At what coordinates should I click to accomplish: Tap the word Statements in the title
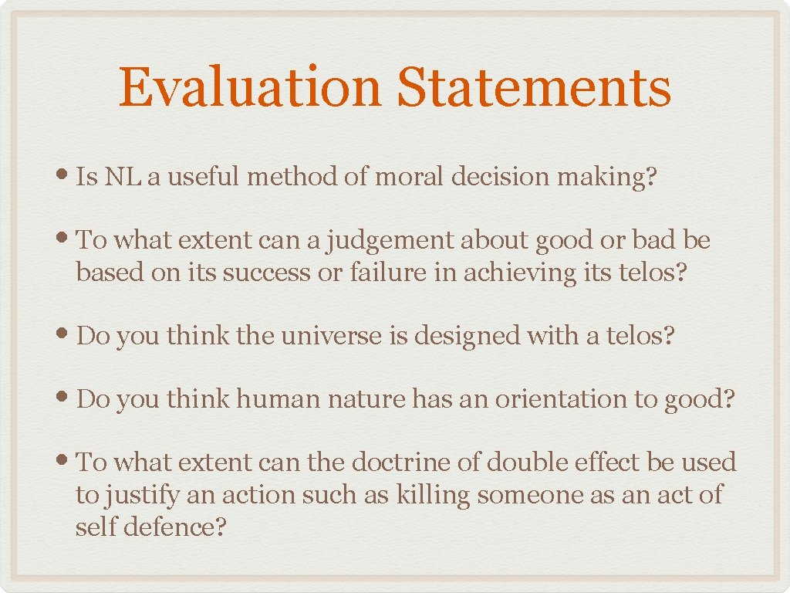tap(533, 87)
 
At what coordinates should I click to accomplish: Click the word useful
tap(201, 177)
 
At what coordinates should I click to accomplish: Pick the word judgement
tap(391, 241)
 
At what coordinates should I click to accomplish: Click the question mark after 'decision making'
tap(650, 177)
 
